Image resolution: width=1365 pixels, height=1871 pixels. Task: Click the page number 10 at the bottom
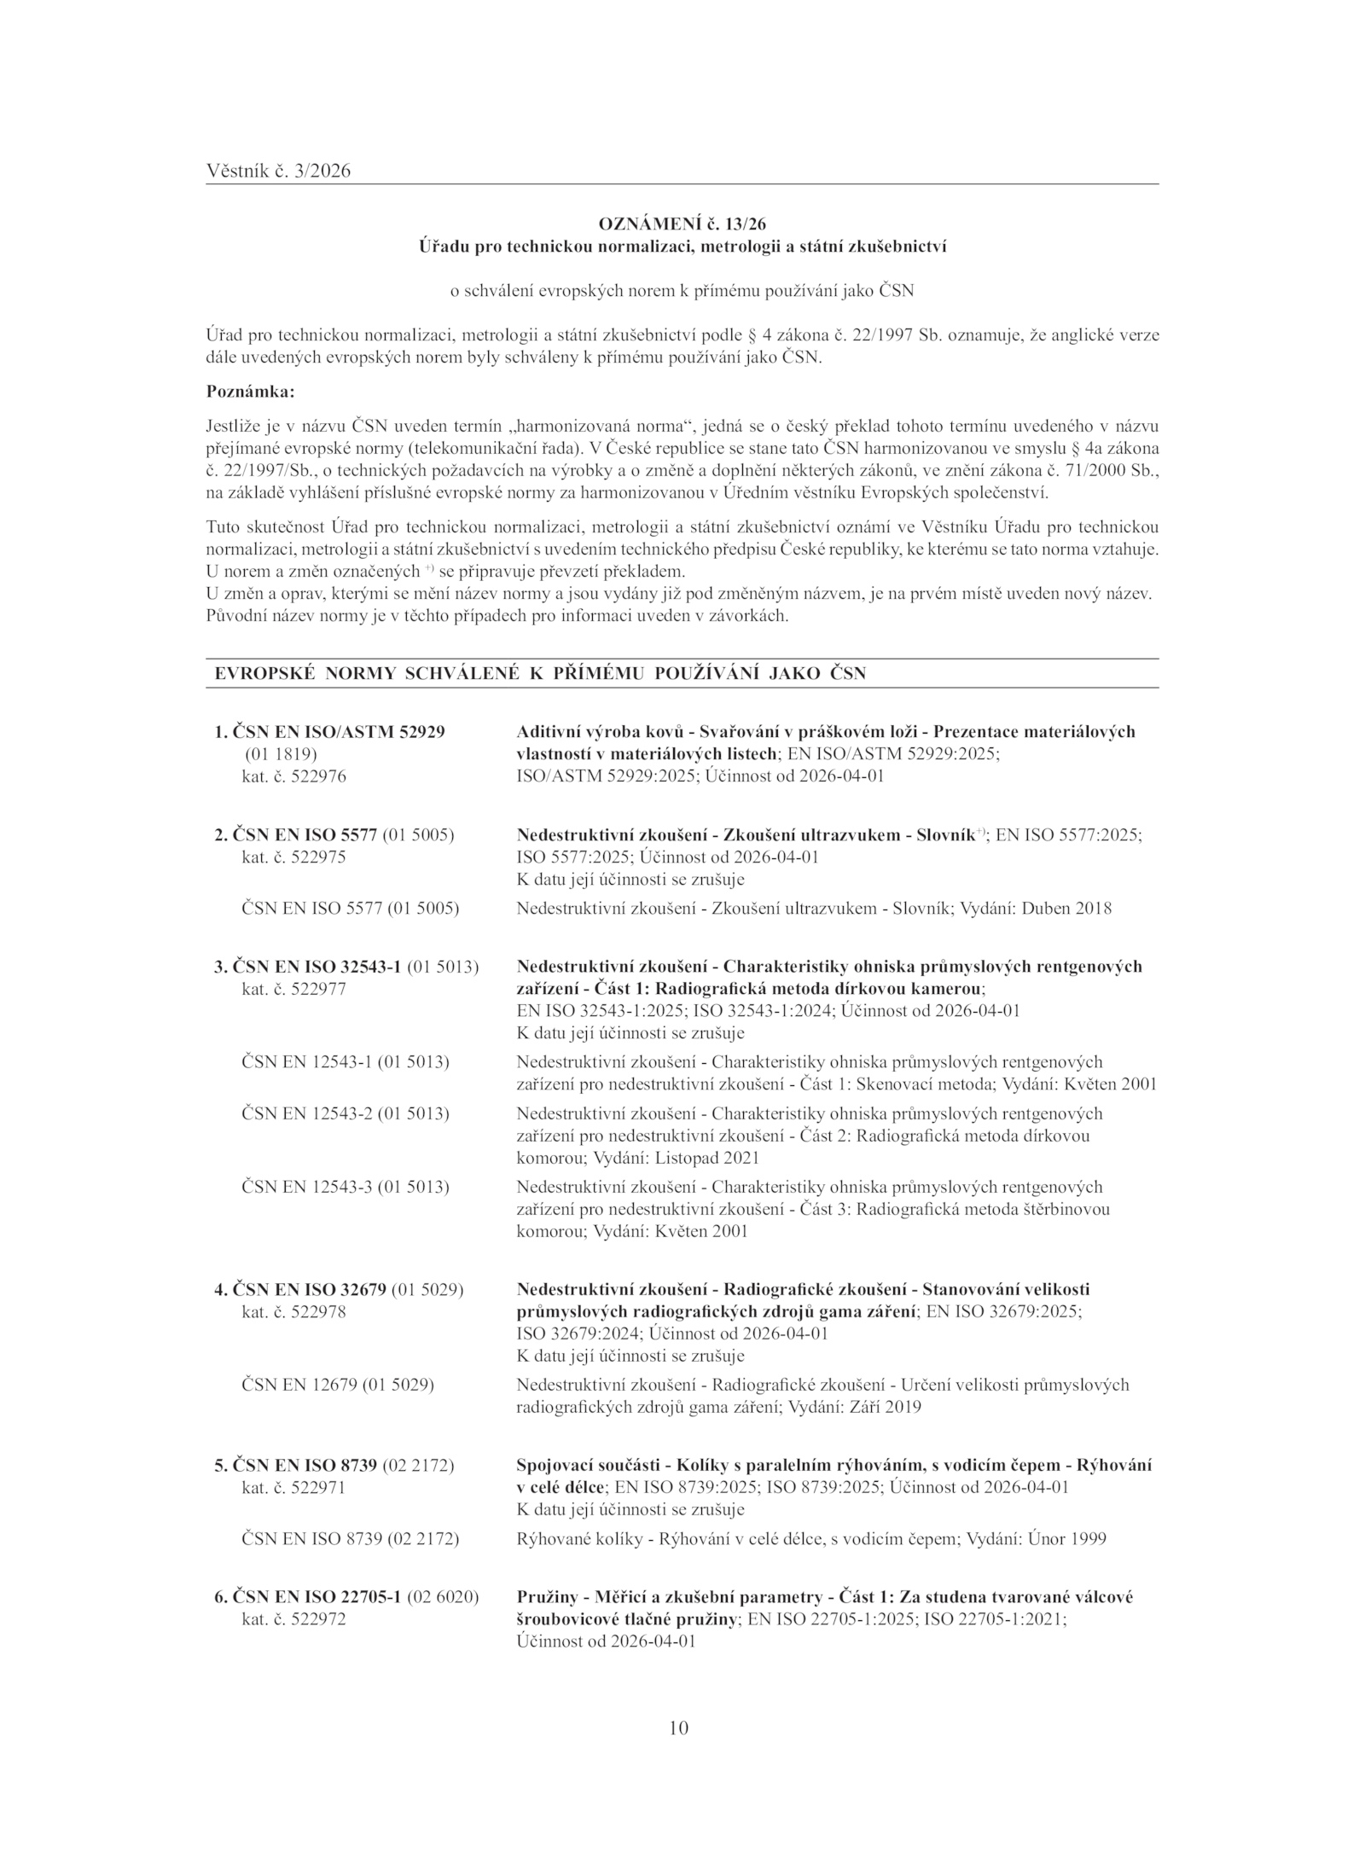coord(679,1729)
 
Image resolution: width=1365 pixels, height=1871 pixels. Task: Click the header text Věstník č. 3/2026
coord(278,171)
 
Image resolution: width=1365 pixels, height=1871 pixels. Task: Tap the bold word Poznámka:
coord(251,392)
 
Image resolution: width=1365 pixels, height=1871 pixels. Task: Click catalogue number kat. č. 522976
coord(294,776)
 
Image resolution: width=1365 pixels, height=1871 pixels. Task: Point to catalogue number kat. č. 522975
coord(294,857)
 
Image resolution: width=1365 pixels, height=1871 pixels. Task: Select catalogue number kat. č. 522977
coord(294,989)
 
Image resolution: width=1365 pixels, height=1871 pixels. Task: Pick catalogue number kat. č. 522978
coord(294,1311)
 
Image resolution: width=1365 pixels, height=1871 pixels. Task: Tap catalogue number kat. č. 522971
coord(294,1487)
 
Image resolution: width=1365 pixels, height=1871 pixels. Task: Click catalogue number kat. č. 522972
coord(294,1618)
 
